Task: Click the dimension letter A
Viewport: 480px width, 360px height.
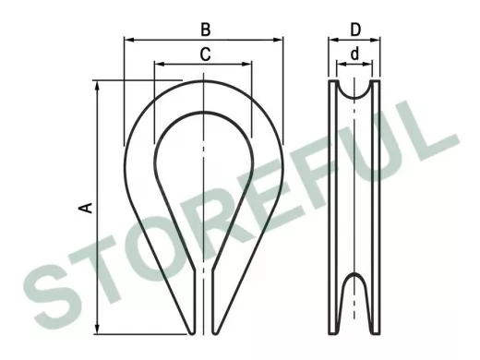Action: [86, 208]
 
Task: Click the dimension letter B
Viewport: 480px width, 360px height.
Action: [206, 30]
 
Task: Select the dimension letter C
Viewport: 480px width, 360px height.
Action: [205, 54]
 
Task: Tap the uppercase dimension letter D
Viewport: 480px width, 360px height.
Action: [355, 30]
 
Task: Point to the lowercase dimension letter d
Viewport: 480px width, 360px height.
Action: [354, 54]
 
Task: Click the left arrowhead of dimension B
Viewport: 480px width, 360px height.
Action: [129, 40]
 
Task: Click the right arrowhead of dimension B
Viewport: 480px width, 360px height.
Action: [278, 40]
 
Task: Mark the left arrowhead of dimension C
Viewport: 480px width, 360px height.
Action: [159, 64]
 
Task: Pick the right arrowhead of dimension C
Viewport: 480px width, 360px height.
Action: [247, 64]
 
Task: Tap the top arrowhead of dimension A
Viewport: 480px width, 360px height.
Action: [98, 86]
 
